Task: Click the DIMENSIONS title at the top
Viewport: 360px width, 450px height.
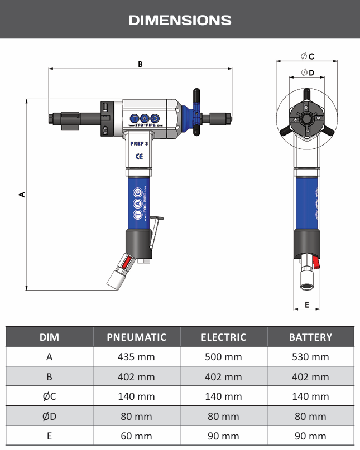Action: pyautogui.click(x=180, y=21)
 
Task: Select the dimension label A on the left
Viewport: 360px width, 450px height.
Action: pyautogui.click(x=22, y=195)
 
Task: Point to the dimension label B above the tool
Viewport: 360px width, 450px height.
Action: pyautogui.click(x=140, y=64)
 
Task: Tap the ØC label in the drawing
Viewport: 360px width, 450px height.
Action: pyautogui.click(x=308, y=56)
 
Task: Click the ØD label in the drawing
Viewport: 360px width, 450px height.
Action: pyautogui.click(x=308, y=72)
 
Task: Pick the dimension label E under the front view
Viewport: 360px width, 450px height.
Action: pyautogui.click(x=307, y=304)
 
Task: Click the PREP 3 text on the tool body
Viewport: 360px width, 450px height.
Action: pyautogui.click(x=139, y=143)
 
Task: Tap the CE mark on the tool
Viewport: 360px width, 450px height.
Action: pyautogui.click(x=140, y=156)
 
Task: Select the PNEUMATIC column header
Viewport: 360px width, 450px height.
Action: pyautogui.click(x=137, y=337)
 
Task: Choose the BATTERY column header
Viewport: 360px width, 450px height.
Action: pyautogui.click(x=310, y=337)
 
